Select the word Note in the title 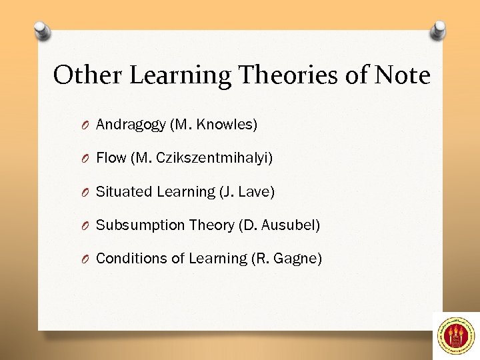[x=403, y=75]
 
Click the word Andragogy [x=131, y=125]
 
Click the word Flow [x=111, y=158]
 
